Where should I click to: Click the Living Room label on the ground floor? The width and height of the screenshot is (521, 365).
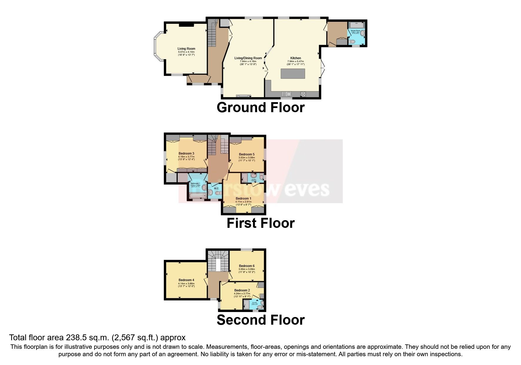(x=186, y=49)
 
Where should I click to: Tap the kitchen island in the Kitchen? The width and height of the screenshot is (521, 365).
(x=293, y=73)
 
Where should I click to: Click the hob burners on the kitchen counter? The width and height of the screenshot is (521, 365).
(x=303, y=94)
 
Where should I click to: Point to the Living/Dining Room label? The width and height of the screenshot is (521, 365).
(x=248, y=58)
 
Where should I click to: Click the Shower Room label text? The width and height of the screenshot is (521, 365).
(x=355, y=31)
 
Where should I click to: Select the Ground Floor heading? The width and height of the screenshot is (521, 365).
(x=260, y=107)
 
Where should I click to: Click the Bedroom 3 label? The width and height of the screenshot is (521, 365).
(x=186, y=153)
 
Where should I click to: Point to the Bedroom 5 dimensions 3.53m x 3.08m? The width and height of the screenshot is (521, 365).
(x=247, y=157)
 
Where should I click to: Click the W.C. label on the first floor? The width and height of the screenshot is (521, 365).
(x=217, y=188)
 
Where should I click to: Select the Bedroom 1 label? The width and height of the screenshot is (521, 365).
(x=243, y=199)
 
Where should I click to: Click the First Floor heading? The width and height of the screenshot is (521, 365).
(x=260, y=223)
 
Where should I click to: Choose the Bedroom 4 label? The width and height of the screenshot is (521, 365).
(x=186, y=280)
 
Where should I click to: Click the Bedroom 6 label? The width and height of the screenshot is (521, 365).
(x=247, y=266)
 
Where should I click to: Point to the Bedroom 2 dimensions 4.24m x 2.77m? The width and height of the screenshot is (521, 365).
(x=242, y=293)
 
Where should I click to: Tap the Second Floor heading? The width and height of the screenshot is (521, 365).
(x=260, y=320)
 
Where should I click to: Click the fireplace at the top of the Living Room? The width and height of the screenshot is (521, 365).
(x=187, y=24)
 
